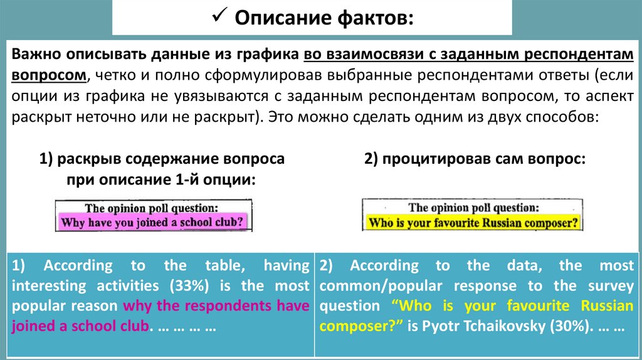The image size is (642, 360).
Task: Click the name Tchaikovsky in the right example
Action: click(x=503, y=327)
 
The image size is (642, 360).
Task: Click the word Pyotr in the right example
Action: click(x=439, y=327)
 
